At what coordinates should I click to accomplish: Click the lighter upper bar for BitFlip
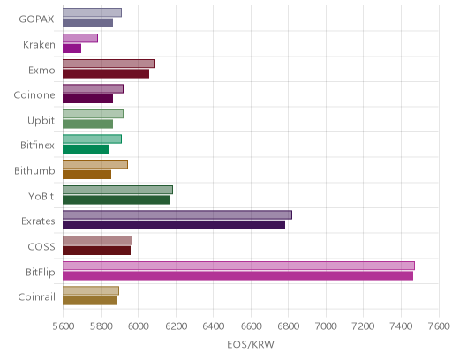point(238,266)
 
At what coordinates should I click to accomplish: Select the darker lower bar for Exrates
point(174,225)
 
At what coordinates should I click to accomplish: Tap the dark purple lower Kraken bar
point(72,49)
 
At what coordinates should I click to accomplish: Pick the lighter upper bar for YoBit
point(117,190)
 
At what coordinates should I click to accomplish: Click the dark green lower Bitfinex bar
point(86,149)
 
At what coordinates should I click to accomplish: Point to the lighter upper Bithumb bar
point(95,164)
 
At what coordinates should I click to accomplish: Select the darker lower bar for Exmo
point(106,73)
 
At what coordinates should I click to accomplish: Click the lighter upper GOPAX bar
point(92,12)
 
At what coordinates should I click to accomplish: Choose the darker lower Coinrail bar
point(90,301)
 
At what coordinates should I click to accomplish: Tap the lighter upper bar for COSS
point(97,240)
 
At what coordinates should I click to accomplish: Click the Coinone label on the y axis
point(34,95)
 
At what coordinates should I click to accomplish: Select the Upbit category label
point(41,120)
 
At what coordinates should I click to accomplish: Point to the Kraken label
point(39,44)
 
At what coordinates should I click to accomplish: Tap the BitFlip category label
point(41,272)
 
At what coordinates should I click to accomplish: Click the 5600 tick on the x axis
point(64,326)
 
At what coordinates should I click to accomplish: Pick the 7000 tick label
point(326,326)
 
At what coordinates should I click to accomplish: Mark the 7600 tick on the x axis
point(439,326)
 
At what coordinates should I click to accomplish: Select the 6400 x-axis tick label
point(214,326)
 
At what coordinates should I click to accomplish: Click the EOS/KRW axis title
point(251,344)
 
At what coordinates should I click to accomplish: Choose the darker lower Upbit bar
point(87,124)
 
